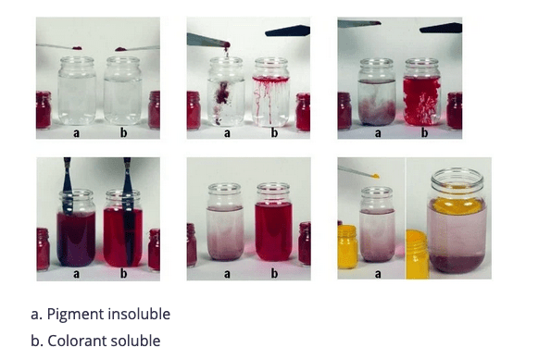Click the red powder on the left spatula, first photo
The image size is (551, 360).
tap(77, 48)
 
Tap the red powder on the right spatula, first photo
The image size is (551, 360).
tap(120, 49)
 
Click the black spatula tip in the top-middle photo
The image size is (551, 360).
tap(287, 31)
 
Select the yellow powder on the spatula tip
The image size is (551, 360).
tap(375, 175)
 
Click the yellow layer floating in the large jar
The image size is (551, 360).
tap(457, 205)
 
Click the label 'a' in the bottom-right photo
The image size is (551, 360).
tap(378, 274)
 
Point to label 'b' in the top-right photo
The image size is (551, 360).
tap(424, 132)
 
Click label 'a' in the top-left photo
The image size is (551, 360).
tap(76, 133)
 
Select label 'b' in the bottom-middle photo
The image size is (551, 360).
tap(274, 273)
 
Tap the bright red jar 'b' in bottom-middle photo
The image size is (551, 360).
tap(273, 222)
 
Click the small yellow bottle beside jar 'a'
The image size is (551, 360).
tap(348, 246)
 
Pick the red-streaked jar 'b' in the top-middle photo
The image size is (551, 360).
tap(271, 93)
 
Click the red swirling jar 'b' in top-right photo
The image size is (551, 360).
tap(421, 92)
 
